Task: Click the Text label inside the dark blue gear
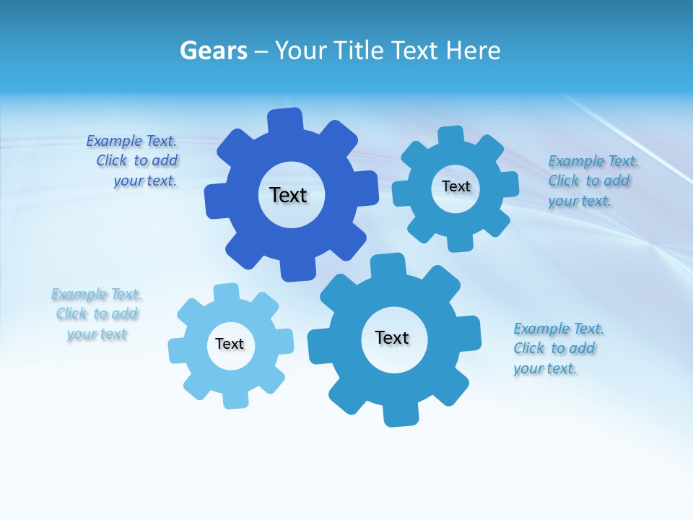pyautogui.click(x=288, y=195)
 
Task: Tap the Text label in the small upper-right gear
pyautogui.click(x=456, y=186)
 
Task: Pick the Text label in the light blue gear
pyautogui.click(x=230, y=344)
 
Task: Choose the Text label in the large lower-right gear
pyautogui.click(x=392, y=337)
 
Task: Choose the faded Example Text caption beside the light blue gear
pyautogui.click(x=97, y=314)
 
